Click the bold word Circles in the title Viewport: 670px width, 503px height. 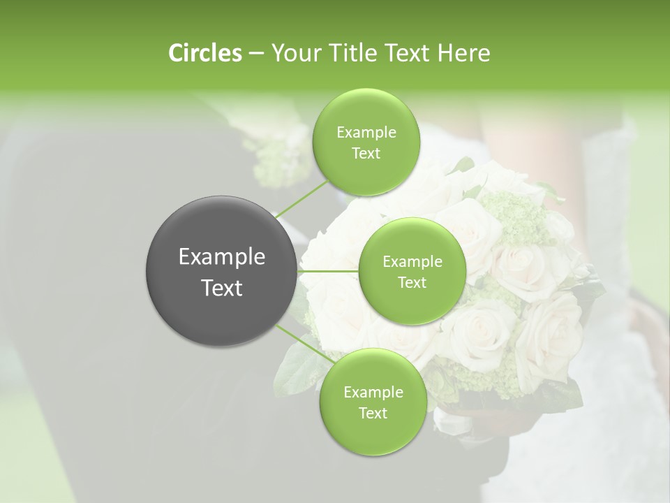[204, 53]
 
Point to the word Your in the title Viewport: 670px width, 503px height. [294, 53]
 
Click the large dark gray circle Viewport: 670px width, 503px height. [221, 271]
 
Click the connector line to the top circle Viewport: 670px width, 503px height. [302, 199]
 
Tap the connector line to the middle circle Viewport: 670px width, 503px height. [328, 270]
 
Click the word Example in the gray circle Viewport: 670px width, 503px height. [222, 257]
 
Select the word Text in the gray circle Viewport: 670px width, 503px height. [222, 288]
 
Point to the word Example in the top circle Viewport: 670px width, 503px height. [366, 133]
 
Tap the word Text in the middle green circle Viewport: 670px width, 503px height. [412, 282]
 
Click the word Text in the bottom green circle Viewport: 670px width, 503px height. [373, 413]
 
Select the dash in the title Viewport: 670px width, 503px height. [255, 54]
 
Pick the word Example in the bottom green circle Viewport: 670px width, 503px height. [373, 392]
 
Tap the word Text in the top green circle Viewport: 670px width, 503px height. [366, 154]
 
